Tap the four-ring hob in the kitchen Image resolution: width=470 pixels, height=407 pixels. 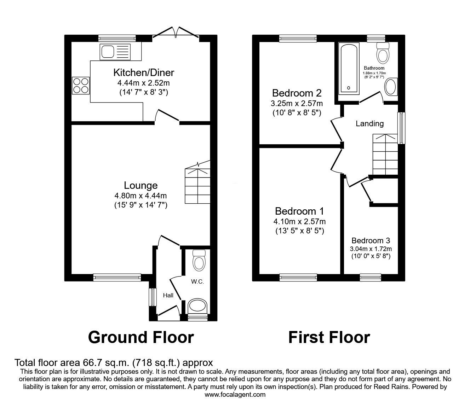(81, 86)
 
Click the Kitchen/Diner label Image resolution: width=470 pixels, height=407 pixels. (144, 73)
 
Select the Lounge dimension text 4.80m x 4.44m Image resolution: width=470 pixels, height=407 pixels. (141, 196)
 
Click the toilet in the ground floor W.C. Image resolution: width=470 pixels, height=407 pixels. (199, 261)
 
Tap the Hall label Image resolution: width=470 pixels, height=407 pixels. (168, 295)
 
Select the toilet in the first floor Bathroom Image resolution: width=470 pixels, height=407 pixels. (383, 53)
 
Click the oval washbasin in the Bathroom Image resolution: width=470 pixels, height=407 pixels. (391, 87)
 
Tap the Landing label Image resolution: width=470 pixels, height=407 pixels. (369, 123)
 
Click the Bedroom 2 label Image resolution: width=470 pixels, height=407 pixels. (297, 93)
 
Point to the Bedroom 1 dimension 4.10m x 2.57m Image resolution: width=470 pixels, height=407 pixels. (299, 222)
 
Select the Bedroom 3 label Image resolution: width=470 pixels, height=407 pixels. (371, 240)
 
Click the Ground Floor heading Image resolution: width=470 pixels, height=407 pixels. (141, 337)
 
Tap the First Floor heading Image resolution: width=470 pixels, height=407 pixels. (329, 337)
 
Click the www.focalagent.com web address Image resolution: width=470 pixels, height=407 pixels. (235, 395)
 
